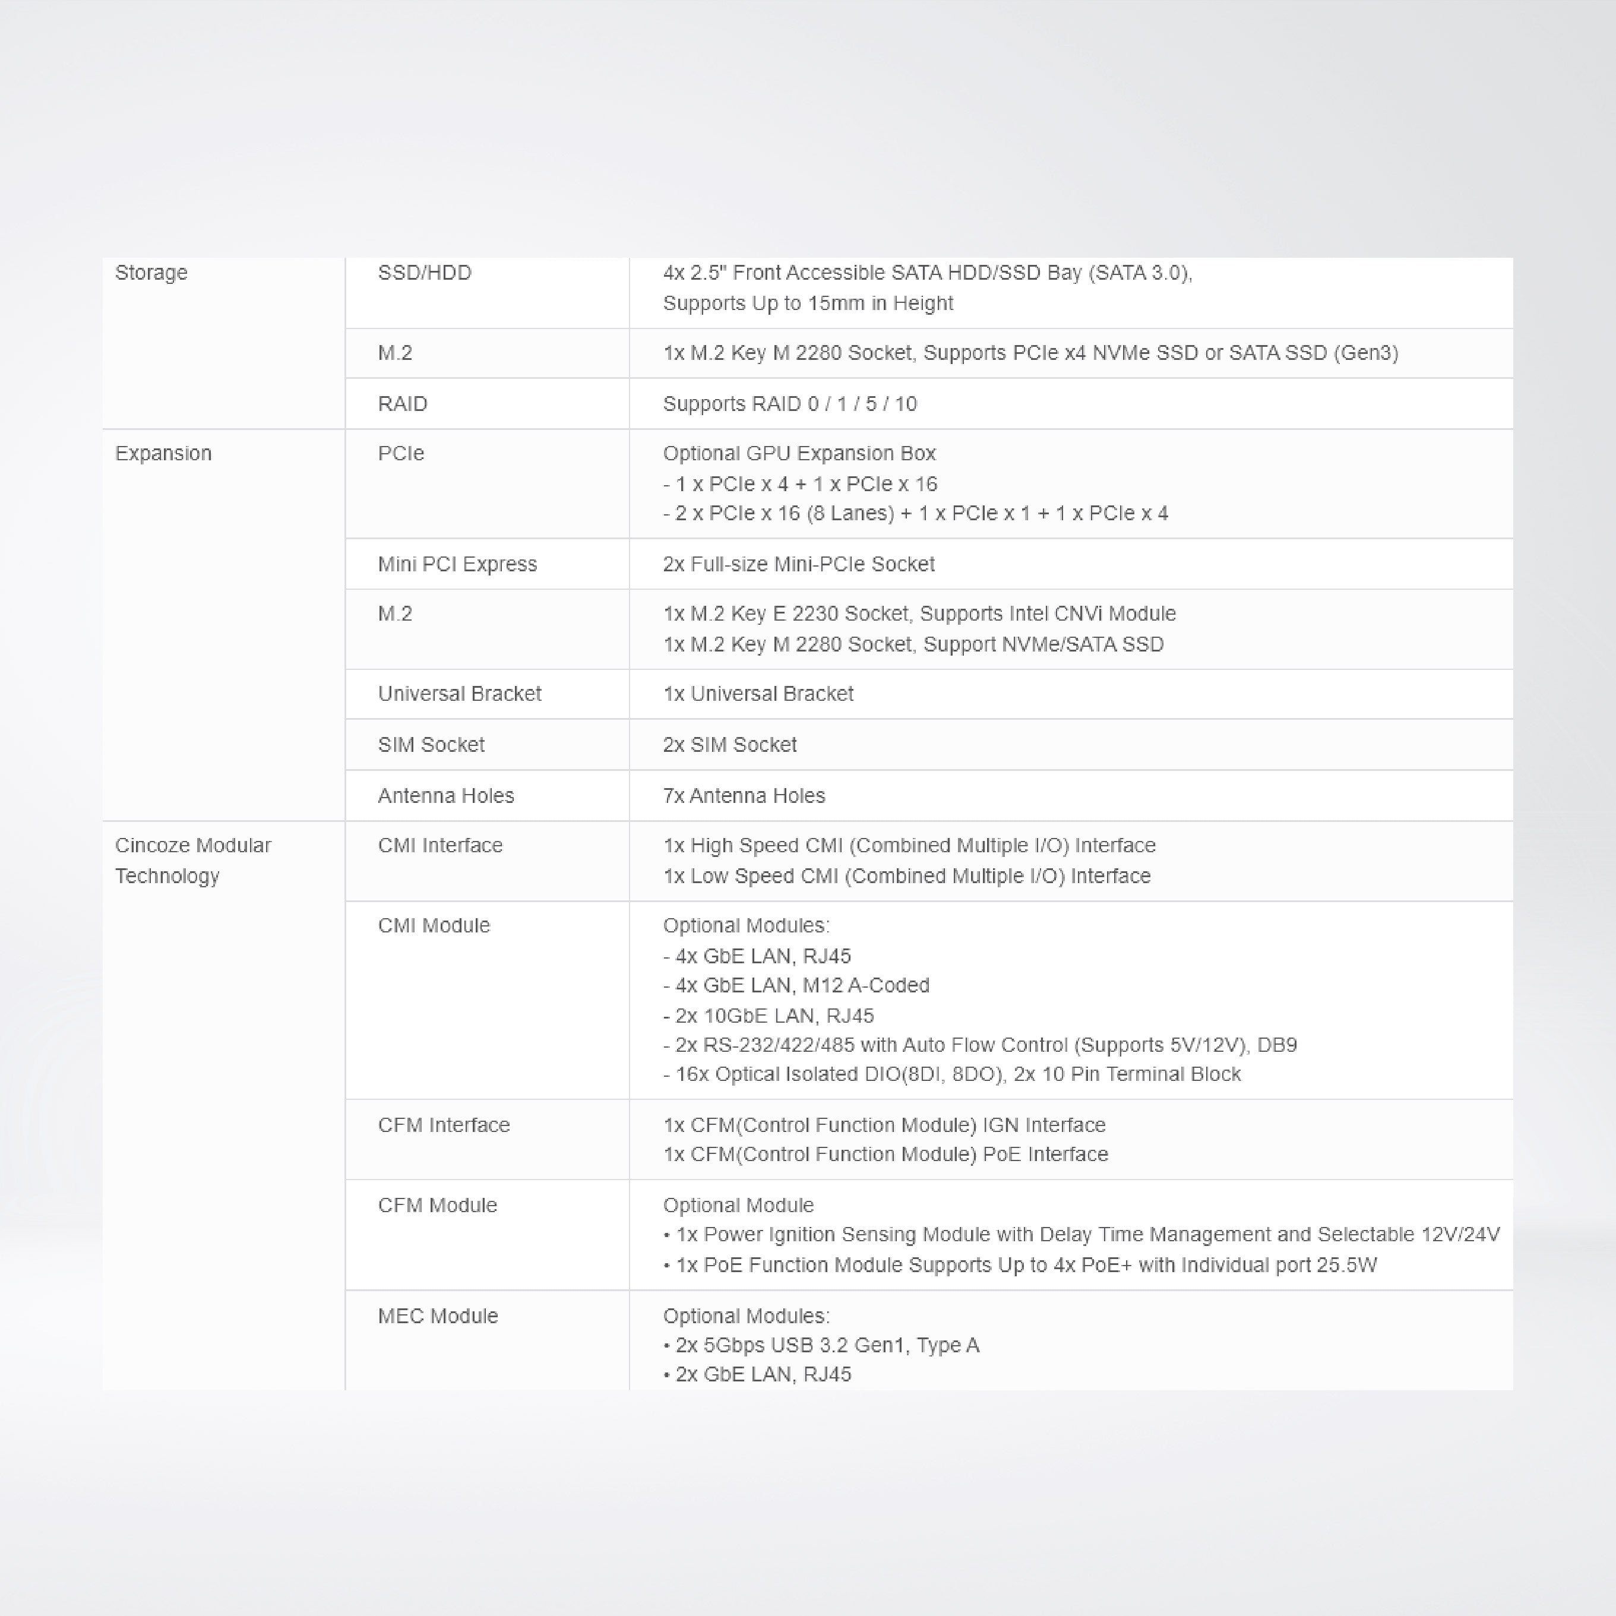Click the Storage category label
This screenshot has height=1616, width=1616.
151,273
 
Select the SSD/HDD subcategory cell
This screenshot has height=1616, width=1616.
424,273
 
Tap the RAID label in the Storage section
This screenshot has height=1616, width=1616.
402,404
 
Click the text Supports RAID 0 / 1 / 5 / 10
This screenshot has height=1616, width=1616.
790,404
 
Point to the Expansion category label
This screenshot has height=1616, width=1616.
163,453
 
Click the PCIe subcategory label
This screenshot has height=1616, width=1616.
401,453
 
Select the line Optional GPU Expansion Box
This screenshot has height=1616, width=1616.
799,453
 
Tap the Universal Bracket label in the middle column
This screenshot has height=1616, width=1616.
459,694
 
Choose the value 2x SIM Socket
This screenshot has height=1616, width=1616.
729,744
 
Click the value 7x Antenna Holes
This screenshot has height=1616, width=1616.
744,795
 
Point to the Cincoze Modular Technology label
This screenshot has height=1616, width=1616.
192,860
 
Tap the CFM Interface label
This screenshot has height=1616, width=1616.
443,1125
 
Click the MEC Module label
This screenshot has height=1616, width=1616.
438,1315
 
